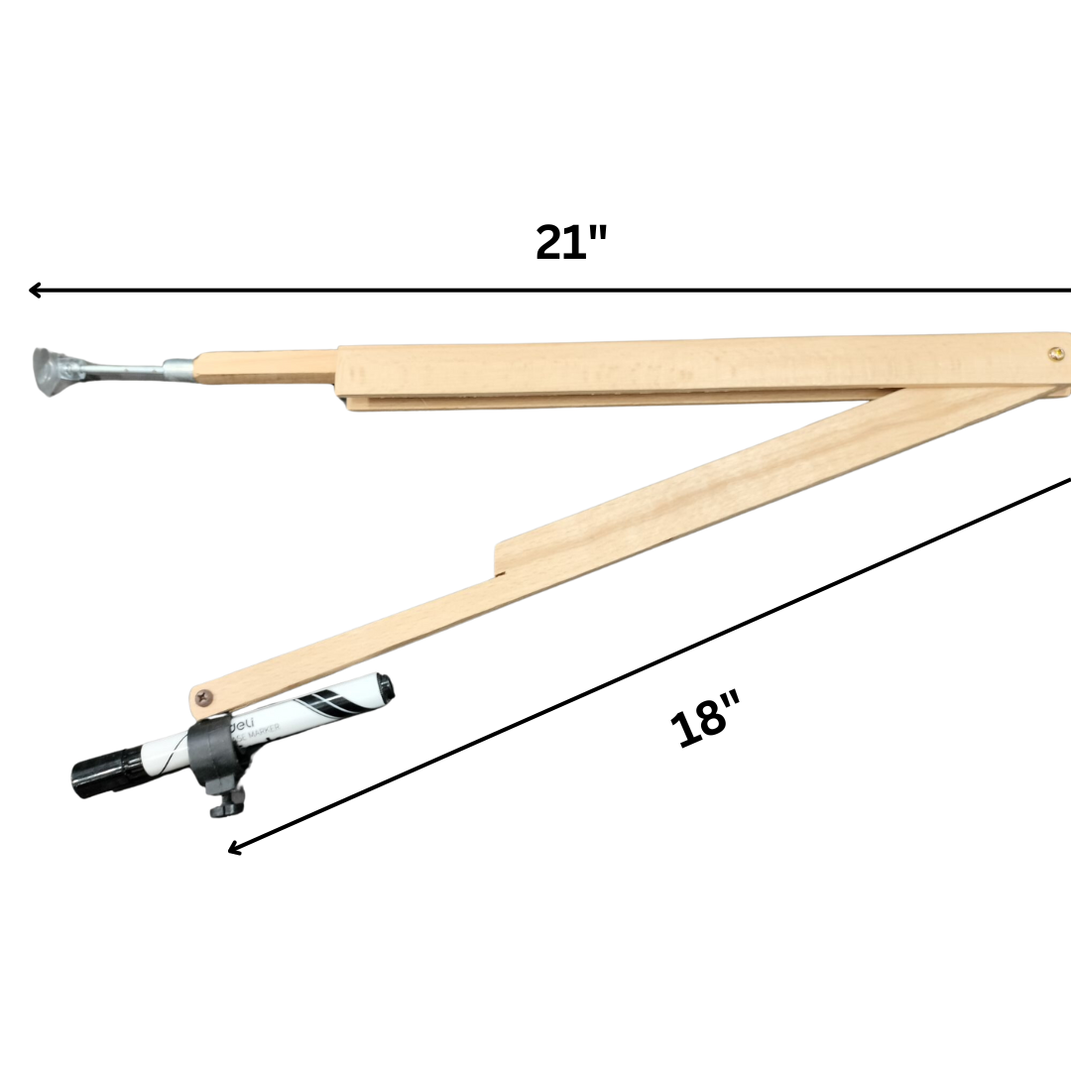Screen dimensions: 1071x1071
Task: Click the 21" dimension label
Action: pyautogui.click(x=570, y=243)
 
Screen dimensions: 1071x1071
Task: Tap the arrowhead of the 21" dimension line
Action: pyautogui.click(x=34, y=290)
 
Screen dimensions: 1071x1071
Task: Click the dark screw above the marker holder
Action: pyautogui.click(x=205, y=698)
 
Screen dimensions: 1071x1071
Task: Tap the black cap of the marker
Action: pyautogui.click(x=100, y=774)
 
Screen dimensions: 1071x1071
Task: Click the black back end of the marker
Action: pyautogui.click(x=378, y=685)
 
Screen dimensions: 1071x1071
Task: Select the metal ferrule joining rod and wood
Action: pyautogui.click(x=179, y=370)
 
